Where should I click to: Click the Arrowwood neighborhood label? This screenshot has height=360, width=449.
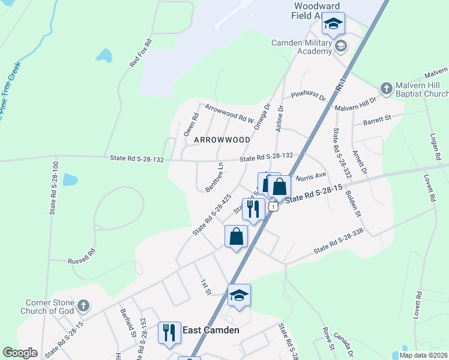coord(222,139)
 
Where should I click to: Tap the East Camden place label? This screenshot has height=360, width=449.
coord(211,330)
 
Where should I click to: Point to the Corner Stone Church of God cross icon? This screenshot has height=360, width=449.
coord(83,307)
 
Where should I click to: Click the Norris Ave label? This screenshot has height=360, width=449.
coord(310,176)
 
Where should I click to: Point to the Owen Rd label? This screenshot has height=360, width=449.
coord(190,125)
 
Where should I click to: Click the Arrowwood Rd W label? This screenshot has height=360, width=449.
coord(230,113)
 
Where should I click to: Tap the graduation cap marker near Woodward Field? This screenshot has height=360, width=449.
coord(333,24)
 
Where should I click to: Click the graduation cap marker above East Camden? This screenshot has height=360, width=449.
coord(239,295)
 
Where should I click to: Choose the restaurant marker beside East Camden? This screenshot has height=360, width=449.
coord(170,332)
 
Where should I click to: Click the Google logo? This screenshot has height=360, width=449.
coord(20,353)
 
